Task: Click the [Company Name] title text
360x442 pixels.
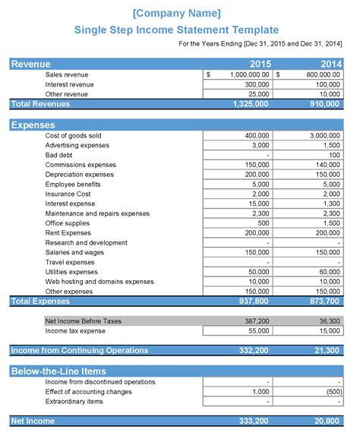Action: (x=176, y=13)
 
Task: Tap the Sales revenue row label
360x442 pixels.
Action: (x=67, y=75)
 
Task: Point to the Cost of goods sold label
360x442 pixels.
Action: (x=73, y=136)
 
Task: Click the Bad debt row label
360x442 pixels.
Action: (x=58, y=155)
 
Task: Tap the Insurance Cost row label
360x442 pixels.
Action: (x=68, y=194)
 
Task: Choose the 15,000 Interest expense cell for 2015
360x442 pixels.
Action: (x=258, y=204)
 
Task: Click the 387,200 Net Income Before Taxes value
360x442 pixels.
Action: (x=257, y=321)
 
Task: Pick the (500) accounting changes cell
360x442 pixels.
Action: (x=331, y=392)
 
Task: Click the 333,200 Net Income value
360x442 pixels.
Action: (x=254, y=421)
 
